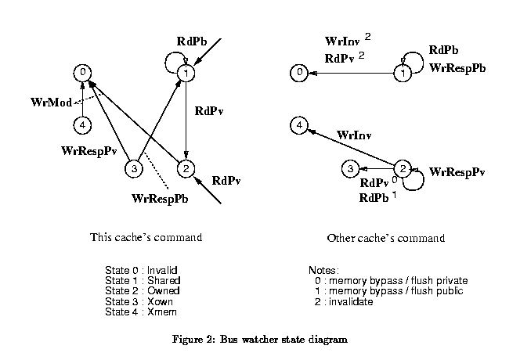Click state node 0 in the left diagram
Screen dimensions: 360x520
coord(82,73)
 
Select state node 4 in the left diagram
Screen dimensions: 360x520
coord(82,124)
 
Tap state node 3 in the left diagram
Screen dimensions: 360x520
coord(134,168)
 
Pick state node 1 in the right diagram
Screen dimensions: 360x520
coord(402,74)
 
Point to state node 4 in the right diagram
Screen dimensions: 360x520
coord(298,124)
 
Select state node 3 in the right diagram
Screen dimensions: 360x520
coord(352,168)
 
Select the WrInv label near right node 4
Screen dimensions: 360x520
coord(354,135)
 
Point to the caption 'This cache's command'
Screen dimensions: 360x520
coord(146,237)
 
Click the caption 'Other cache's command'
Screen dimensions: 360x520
coord(385,238)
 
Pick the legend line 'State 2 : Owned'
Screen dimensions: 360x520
coord(143,290)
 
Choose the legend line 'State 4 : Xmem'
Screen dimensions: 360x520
coord(141,311)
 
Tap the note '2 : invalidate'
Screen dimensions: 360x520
coord(343,301)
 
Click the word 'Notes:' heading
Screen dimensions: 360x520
coord(325,269)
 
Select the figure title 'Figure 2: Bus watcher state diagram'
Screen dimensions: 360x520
coord(259,340)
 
